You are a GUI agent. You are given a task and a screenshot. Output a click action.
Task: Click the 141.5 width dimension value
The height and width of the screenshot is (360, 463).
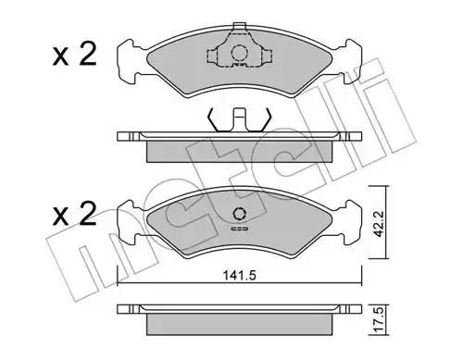click(240, 275)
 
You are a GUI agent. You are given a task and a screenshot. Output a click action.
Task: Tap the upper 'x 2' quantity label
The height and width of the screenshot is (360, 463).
click(74, 55)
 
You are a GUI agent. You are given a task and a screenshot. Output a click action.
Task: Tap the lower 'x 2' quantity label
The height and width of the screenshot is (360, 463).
click(74, 214)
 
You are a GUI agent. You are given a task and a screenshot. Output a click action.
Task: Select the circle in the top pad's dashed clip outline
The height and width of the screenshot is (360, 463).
click(240, 53)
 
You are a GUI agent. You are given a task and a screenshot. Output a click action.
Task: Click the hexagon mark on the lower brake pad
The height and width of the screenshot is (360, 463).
click(239, 213)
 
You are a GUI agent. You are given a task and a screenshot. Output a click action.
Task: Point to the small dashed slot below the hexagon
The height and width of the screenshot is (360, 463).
click(239, 229)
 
